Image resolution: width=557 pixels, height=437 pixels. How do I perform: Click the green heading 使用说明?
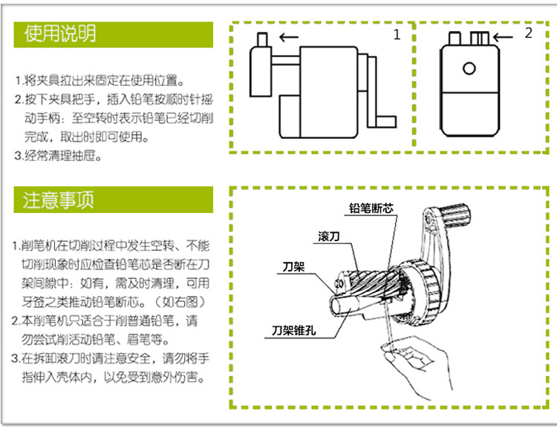click(60, 33)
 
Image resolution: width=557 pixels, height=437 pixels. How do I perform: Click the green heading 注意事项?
click(59, 200)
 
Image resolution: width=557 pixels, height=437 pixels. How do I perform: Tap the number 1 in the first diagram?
click(397, 34)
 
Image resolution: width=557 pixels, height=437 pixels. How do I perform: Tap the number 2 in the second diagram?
click(528, 33)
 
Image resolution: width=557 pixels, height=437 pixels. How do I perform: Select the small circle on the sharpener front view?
click(469, 68)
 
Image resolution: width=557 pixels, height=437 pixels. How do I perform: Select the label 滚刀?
click(329, 236)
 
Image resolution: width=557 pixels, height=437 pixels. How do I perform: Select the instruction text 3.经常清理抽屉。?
click(58, 156)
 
